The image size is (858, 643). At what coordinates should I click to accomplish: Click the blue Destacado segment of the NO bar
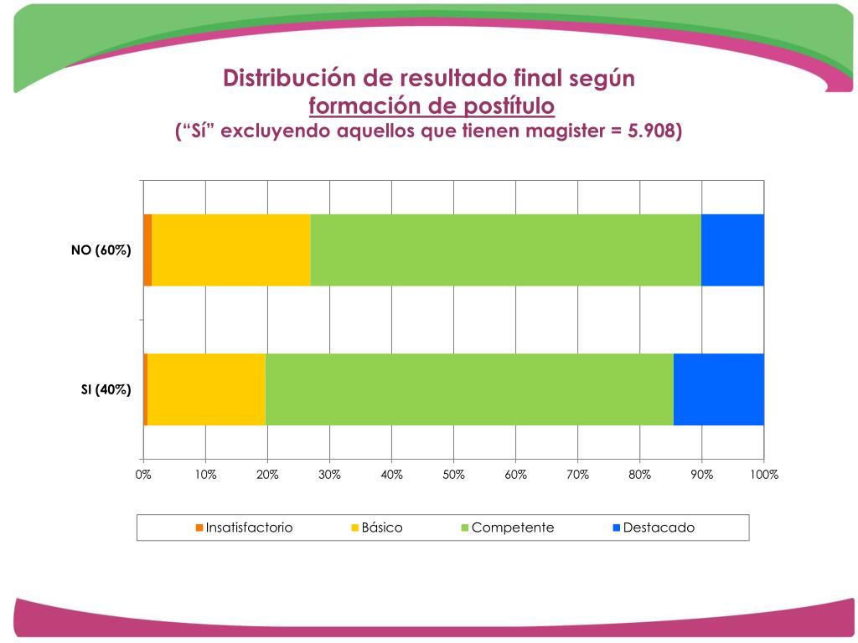pos(732,249)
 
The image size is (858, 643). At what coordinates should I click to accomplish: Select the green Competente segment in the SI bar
pos(469,389)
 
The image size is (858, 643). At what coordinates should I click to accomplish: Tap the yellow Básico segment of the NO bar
pos(230,249)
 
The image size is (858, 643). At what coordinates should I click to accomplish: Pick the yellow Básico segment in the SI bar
pos(206,389)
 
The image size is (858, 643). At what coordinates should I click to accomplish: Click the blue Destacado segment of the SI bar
pos(718,389)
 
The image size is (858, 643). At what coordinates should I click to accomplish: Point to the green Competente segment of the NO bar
pos(505,249)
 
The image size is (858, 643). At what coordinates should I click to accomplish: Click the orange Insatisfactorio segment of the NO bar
pos(147,249)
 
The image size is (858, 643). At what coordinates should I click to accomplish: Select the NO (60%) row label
pos(101,249)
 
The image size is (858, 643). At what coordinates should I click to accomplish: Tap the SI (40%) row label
pos(106,389)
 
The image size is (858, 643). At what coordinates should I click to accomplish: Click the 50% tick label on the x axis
pos(453,475)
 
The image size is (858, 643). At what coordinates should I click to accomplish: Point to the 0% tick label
pos(143,475)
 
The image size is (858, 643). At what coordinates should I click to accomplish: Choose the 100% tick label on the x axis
pos(763,475)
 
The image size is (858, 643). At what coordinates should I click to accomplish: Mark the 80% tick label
pos(639,475)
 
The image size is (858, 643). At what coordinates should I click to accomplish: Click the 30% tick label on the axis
pos(329,475)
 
